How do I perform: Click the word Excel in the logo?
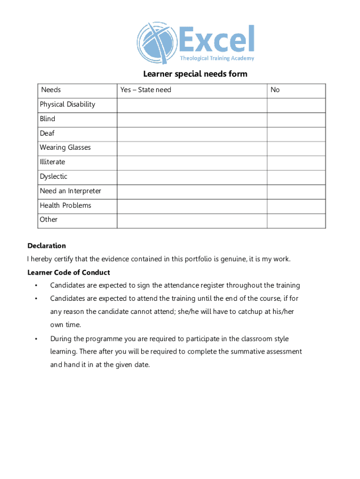point(216,39)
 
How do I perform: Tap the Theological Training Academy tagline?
point(217,58)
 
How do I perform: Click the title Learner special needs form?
point(195,74)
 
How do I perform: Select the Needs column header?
point(51,90)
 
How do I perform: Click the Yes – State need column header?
point(146,90)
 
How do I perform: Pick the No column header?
point(275,90)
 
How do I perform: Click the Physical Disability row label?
point(67,104)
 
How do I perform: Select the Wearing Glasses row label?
point(65,147)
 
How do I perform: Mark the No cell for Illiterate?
point(296,162)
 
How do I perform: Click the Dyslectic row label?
point(53,176)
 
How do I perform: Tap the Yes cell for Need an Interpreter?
point(192,191)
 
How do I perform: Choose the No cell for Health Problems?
point(296,206)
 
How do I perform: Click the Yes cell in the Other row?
point(192,220)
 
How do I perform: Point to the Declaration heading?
point(47,246)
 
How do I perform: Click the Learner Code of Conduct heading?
point(69,272)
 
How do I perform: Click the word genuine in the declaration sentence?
point(231,259)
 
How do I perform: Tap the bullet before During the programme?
point(36,339)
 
